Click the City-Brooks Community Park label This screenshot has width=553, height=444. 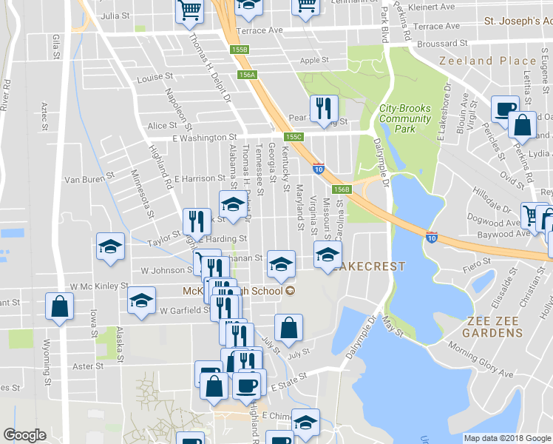(404, 118)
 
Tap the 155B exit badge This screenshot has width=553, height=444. (239, 50)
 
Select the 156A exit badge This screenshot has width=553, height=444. (247, 75)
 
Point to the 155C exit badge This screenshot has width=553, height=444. (295, 137)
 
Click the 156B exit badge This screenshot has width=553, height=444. (341, 189)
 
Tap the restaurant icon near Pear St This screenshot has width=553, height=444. (323, 109)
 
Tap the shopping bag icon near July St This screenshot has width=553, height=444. (288, 326)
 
